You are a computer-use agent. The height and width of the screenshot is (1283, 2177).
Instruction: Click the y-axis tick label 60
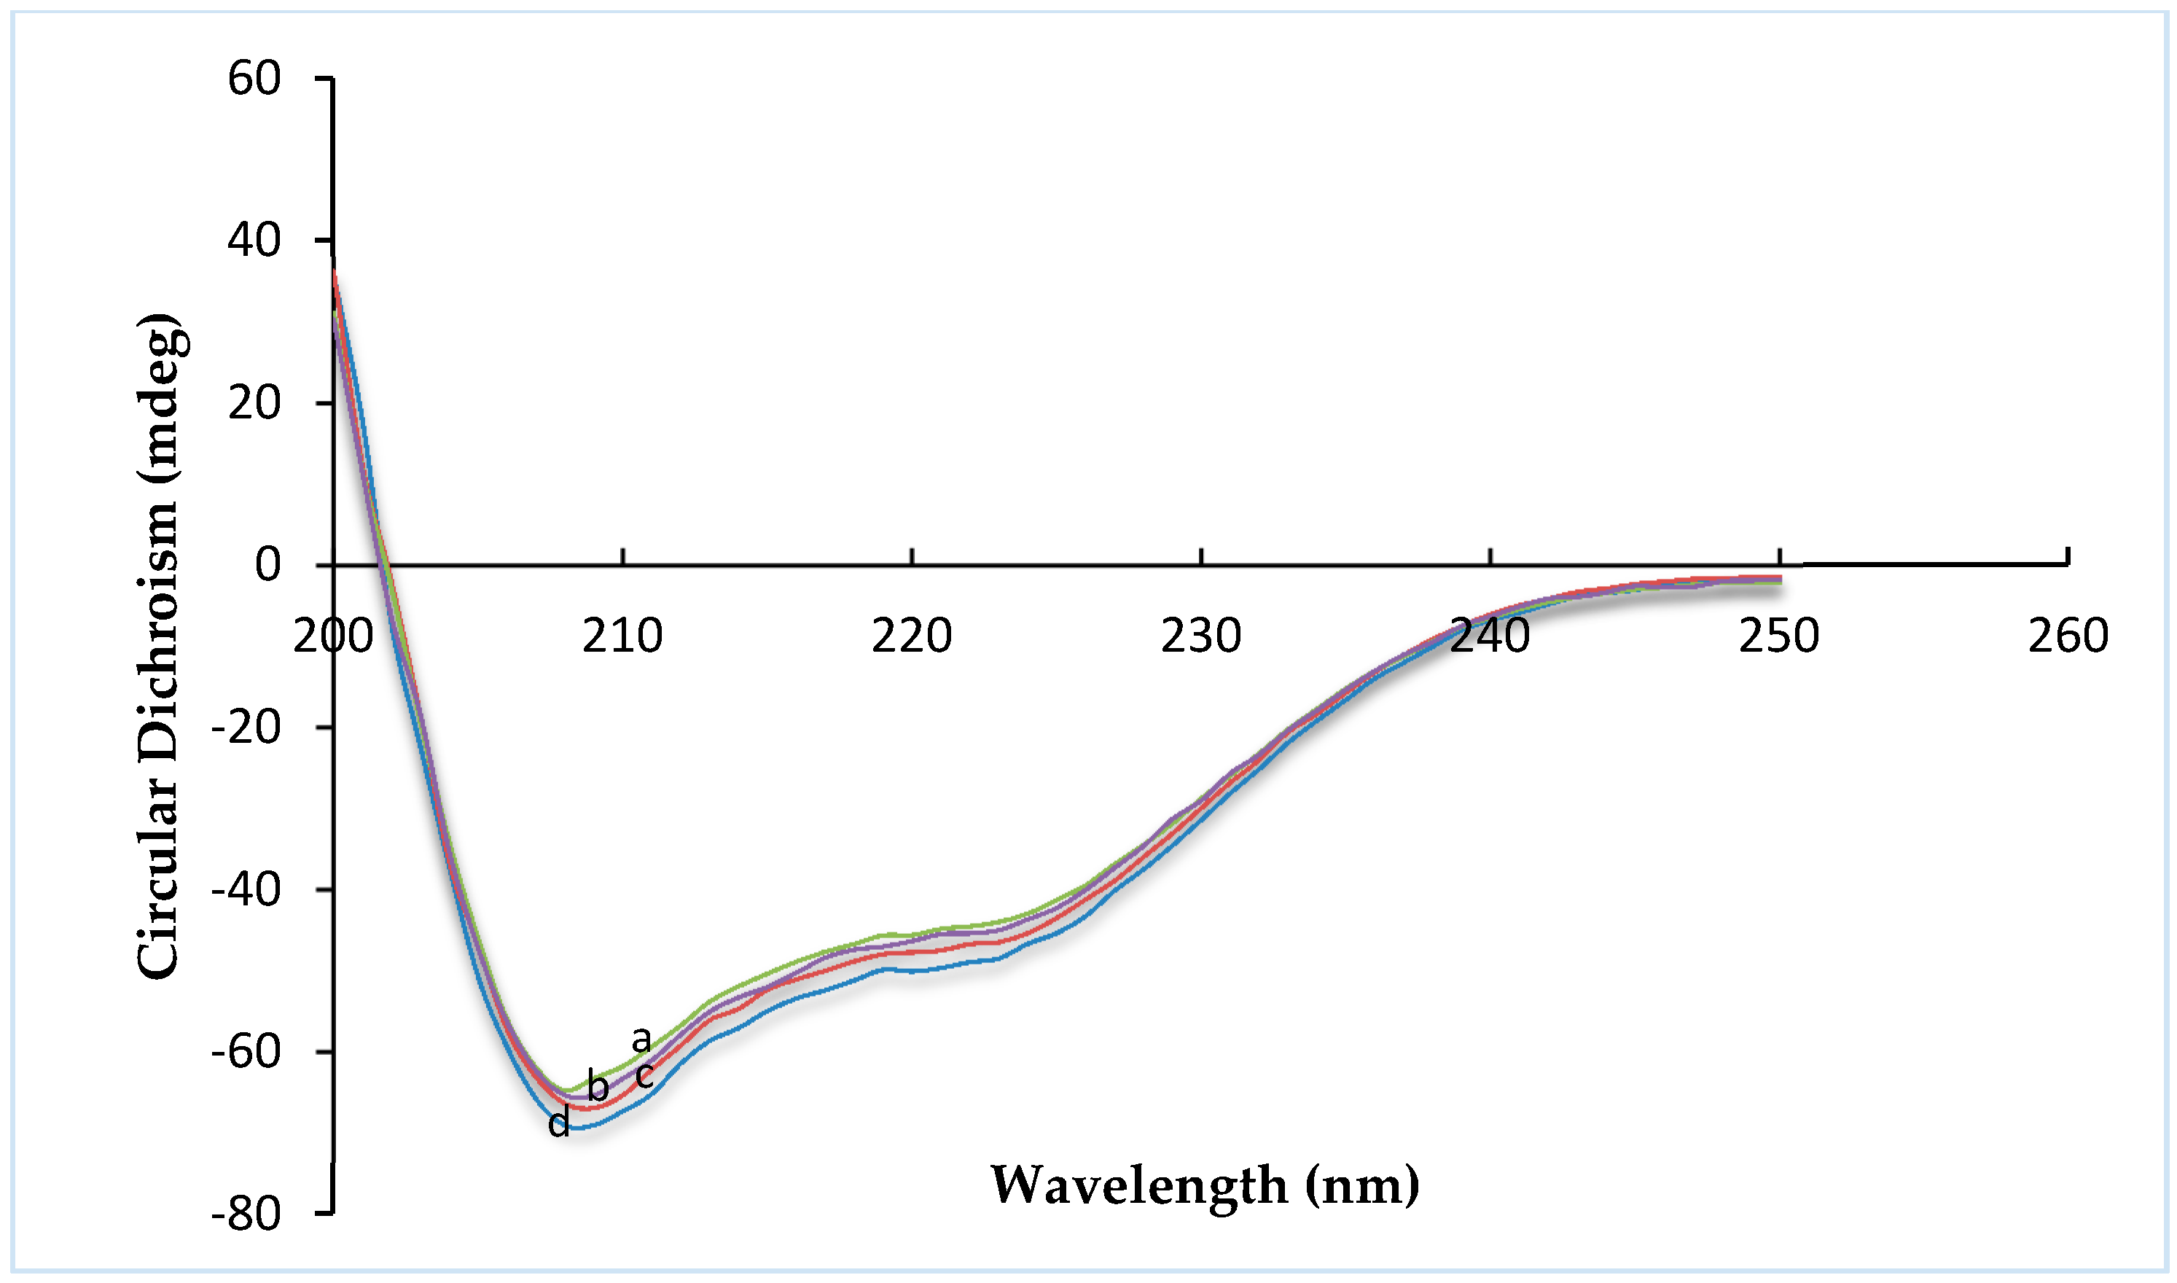pos(254,79)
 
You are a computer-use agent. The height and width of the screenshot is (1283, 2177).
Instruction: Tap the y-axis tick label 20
pos(254,403)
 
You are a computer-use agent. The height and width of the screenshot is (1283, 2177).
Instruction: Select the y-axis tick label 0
pos(268,566)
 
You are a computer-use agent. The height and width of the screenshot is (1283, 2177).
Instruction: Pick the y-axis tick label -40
pos(246,889)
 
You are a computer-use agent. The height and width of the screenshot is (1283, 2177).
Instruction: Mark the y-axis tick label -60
pos(246,1052)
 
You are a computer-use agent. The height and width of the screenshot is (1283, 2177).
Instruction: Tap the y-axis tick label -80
pos(246,1214)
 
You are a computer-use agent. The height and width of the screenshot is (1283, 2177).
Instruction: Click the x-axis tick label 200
pos(333,636)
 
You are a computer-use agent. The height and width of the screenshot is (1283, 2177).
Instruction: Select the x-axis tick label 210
pos(622,636)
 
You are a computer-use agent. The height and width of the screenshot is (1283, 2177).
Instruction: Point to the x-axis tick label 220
pos(912,636)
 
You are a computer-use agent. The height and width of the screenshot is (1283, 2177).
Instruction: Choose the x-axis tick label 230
pos(1201,636)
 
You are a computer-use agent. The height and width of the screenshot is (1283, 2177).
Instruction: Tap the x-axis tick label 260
pos(2069,636)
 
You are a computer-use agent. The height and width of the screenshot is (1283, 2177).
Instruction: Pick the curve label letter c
pos(644,1077)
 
